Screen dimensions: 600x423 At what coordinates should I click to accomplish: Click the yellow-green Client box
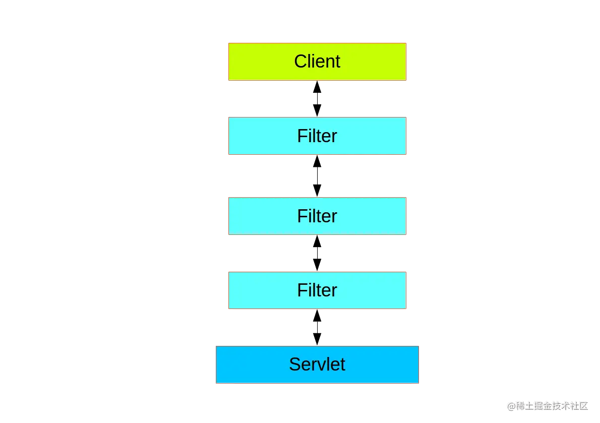click(x=317, y=62)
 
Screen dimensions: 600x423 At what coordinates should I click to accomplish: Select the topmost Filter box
click(x=317, y=136)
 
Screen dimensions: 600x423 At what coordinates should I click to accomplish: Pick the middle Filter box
click(x=317, y=216)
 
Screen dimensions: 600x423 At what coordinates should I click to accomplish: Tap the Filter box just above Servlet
click(x=317, y=290)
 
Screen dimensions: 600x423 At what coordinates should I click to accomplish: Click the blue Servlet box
click(x=317, y=365)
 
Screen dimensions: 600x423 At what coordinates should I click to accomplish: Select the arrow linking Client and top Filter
click(x=317, y=99)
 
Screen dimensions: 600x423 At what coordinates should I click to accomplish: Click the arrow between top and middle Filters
click(x=317, y=176)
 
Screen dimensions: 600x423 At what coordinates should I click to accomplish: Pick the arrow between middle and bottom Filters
click(x=317, y=253)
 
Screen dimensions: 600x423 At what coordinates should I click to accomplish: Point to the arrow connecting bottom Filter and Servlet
click(x=317, y=327)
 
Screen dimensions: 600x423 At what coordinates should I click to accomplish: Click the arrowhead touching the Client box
click(x=317, y=87)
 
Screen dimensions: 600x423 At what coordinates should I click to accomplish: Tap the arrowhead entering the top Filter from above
click(x=317, y=110)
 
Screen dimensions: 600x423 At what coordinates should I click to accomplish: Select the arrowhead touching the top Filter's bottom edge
click(x=317, y=161)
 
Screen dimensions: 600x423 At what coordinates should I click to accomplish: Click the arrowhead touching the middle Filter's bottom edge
click(x=317, y=241)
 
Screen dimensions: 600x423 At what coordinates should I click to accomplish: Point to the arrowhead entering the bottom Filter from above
click(x=317, y=265)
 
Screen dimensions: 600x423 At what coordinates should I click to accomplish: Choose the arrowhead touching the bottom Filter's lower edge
click(x=317, y=315)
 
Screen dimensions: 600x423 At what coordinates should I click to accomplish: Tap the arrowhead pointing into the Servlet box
click(x=317, y=339)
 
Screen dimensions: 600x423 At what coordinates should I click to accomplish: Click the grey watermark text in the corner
click(x=548, y=406)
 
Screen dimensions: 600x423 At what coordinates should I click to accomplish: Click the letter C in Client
click(x=301, y=61)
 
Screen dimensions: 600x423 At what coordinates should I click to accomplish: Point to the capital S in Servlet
click(x=296, y=364)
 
